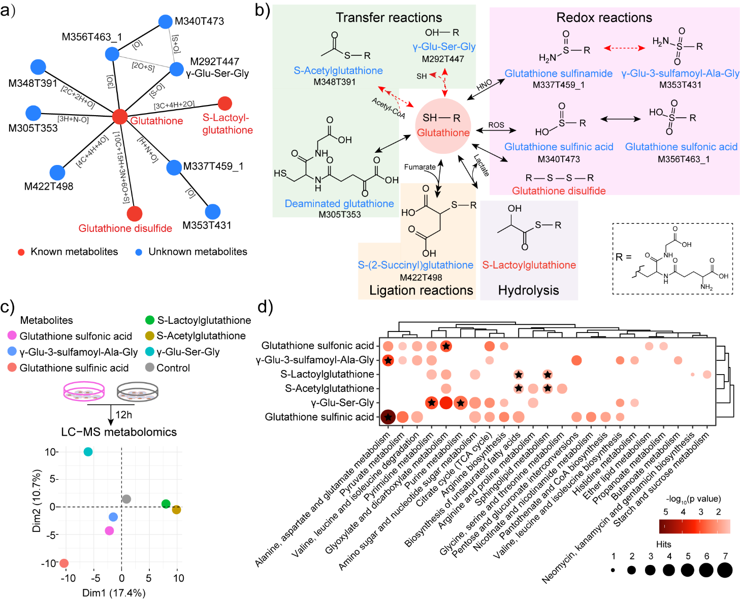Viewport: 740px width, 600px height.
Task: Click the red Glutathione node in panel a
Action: pos(119,116)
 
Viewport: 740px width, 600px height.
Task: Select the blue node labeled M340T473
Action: pos(165,21)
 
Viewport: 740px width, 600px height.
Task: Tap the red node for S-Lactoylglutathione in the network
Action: pos(224,103)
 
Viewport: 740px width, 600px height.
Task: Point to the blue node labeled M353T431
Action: pos(213,211)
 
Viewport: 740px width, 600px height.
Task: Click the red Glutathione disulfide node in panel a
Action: pos(134,213)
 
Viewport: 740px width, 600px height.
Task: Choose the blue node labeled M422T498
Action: pos(57,173)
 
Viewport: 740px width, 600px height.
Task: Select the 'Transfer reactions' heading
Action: pos(389,18)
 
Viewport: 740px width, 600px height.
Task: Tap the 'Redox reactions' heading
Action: pos(604,18)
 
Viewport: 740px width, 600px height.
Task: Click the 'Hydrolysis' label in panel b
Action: pos(528,290)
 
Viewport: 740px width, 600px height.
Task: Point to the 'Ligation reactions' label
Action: pos(421,290)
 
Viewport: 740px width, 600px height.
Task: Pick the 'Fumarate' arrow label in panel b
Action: pos(420,167)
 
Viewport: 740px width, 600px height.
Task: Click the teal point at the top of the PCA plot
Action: pos(88,452)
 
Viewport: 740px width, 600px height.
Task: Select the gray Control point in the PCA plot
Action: pos(126,499)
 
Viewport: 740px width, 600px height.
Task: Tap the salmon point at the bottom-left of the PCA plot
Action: pos(63,563)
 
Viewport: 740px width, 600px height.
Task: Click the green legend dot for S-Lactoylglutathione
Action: pos(150,320)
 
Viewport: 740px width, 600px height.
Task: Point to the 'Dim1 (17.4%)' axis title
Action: pos(114,592)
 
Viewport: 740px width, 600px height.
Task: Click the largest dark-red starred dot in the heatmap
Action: pos(388,417)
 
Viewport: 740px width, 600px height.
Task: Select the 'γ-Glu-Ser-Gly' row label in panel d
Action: pos(342,403)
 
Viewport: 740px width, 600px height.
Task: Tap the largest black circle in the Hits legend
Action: pos(725,570)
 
